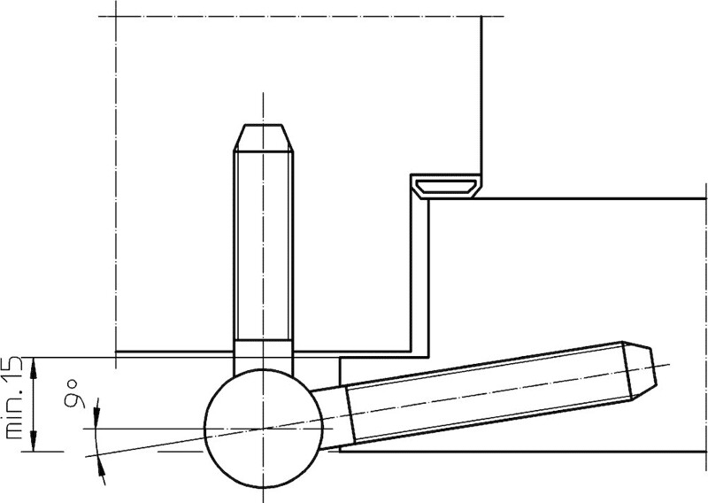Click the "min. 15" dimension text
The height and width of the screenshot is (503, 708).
tap(12, 398)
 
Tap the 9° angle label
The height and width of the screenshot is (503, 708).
tap(73, 394)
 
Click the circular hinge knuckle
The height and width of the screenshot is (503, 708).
tap(264, 429)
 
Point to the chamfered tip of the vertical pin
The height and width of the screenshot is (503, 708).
tap(264, 137)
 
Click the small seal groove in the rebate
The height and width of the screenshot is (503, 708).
tap(445, 187)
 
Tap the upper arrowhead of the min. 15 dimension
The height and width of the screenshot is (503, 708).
tap(34, 368)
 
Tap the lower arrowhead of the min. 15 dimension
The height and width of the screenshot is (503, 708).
tap(34, 441)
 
